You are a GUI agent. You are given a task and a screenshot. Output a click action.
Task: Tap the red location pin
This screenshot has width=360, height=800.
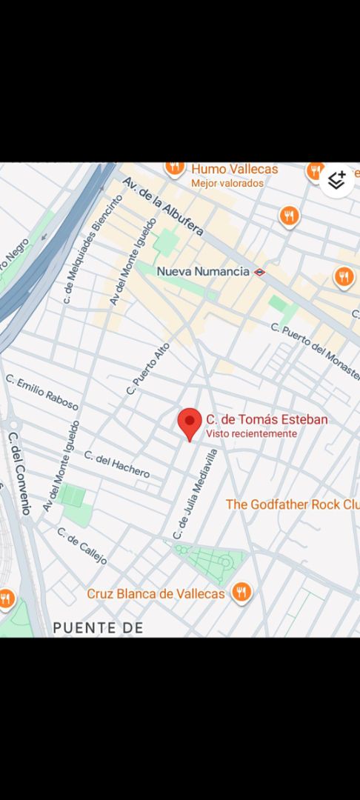[190, 424]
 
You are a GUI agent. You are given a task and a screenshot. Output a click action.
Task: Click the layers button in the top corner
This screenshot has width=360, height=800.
[337, 179]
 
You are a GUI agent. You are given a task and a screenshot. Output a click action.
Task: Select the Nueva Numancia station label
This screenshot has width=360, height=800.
[202, 271]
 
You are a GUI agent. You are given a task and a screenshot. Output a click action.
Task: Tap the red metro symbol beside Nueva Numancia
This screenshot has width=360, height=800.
[259, 272]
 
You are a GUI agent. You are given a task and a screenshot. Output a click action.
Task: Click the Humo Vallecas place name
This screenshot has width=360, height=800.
[234, 169]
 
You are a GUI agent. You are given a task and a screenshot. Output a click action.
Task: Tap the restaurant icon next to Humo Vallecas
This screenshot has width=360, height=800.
[175, 167]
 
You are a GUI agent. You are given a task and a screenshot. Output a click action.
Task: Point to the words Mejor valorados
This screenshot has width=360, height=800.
[227, 183]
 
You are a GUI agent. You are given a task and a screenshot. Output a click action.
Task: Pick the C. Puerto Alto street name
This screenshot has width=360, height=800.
[148, 368]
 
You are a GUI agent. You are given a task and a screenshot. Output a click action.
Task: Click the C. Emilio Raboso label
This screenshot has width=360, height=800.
[42, 392]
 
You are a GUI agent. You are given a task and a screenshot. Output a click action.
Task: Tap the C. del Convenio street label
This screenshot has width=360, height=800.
[19, 473]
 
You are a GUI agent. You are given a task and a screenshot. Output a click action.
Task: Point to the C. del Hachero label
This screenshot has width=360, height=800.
[116, 464]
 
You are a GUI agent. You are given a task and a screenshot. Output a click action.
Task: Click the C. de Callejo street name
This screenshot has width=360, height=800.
[81, 546]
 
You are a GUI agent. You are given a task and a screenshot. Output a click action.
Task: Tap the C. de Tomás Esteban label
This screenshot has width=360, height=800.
[266, 419]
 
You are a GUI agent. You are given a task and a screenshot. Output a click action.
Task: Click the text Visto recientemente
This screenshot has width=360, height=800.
[251, 434]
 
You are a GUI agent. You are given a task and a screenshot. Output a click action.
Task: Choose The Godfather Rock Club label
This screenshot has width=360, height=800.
[293, 504]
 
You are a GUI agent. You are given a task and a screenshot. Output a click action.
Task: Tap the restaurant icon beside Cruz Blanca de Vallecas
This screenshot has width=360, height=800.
[240, 593]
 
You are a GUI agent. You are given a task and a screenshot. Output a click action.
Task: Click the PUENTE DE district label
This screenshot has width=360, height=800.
[98, 628]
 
